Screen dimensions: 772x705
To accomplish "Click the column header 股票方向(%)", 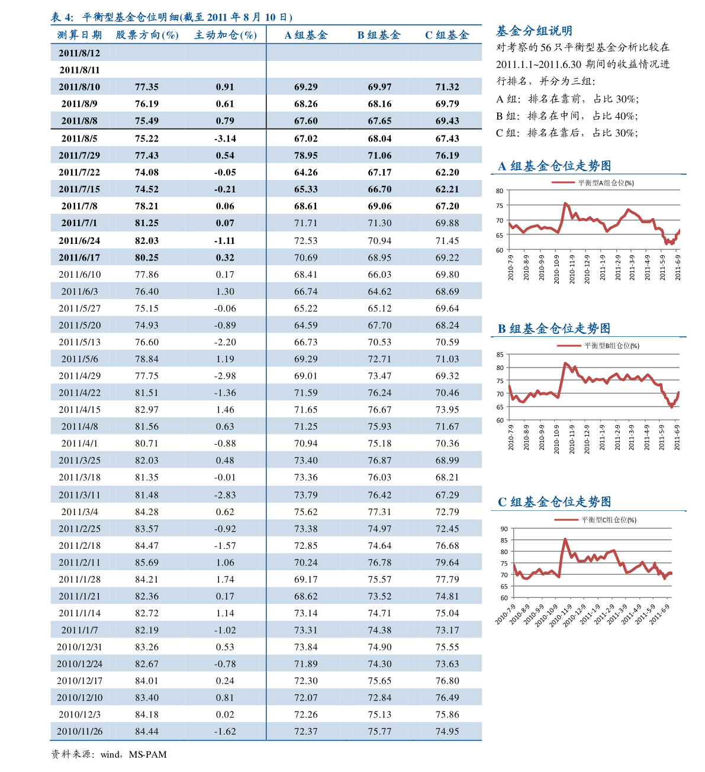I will coord(147,35).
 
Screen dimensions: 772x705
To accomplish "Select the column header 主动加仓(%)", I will coord(226,35).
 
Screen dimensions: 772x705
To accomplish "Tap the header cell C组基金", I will coord(447,35).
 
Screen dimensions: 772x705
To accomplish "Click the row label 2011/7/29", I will coord(79,155).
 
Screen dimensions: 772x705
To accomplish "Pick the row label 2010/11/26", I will coord(79,731).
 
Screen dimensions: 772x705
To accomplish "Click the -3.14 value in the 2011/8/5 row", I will coord(225,139).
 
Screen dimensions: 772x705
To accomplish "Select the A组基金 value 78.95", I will coord(306,155).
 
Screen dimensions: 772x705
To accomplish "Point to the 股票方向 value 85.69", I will coord(147,562).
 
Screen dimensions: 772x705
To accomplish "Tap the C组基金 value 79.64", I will coord(448,562).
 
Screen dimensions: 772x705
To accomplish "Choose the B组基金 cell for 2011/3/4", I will coord(379,512).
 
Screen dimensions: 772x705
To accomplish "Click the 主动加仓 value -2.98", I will coord(225,376).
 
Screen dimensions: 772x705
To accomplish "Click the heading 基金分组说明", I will coord(534,31).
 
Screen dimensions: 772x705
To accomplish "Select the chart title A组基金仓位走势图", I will coord(555,166).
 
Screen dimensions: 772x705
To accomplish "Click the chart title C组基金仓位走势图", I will coord(555,502).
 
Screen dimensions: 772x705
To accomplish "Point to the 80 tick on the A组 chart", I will coord(500,191).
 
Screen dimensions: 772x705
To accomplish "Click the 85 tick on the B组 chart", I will coord(500,355).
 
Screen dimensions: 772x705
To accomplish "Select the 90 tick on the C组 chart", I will coord(504,529).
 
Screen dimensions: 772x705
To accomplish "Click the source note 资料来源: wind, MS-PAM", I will coord(109,754).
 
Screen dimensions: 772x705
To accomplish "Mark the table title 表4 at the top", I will coord(172,17).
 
